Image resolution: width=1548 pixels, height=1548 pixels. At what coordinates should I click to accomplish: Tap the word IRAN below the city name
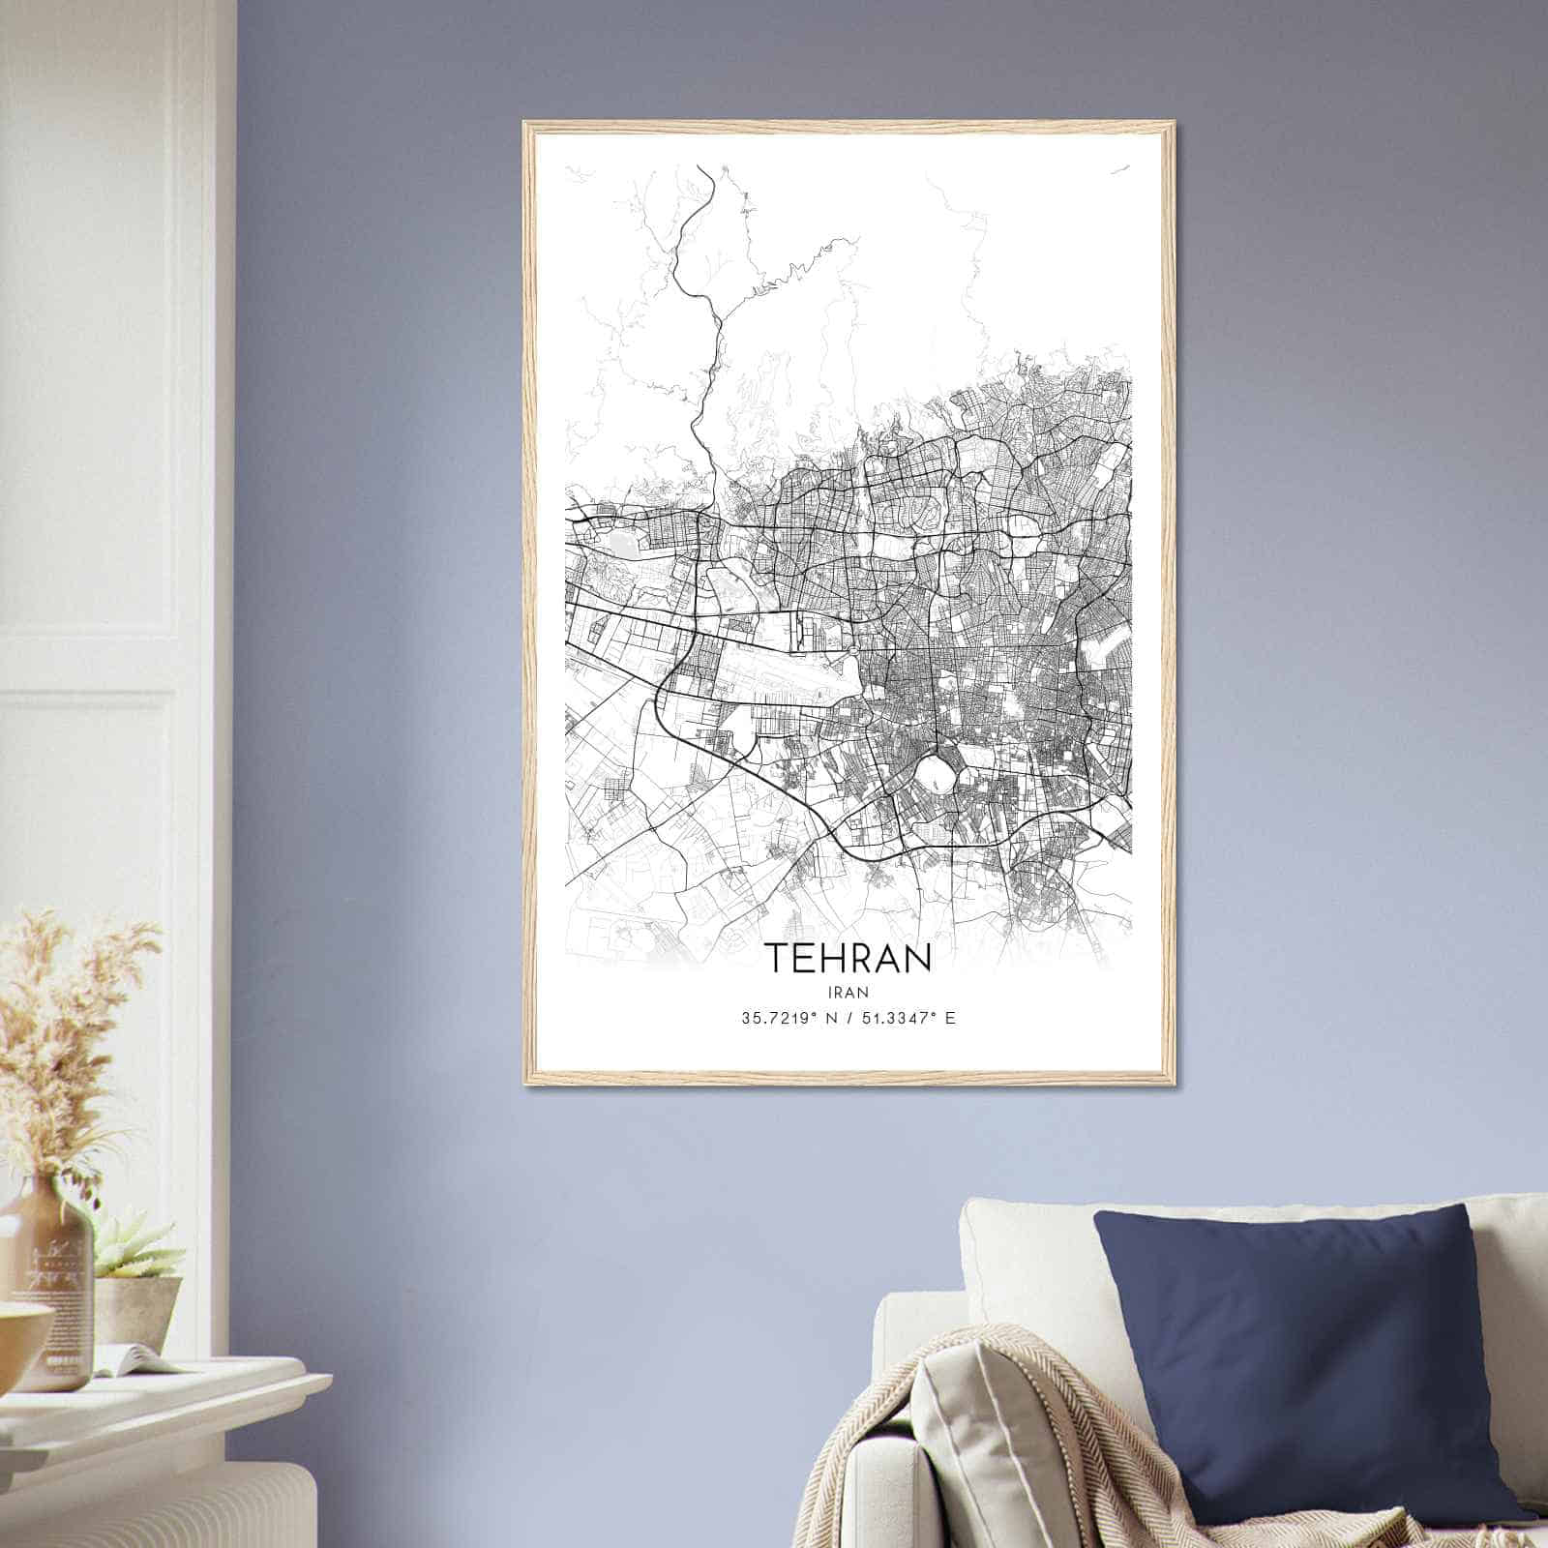[848, 992]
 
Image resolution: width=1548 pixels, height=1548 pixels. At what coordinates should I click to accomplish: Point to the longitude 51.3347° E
[908, 1018]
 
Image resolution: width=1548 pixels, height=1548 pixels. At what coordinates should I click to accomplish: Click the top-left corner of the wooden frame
[526, 125]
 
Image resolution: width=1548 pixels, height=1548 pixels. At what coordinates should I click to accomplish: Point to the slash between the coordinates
[848, 1018]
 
